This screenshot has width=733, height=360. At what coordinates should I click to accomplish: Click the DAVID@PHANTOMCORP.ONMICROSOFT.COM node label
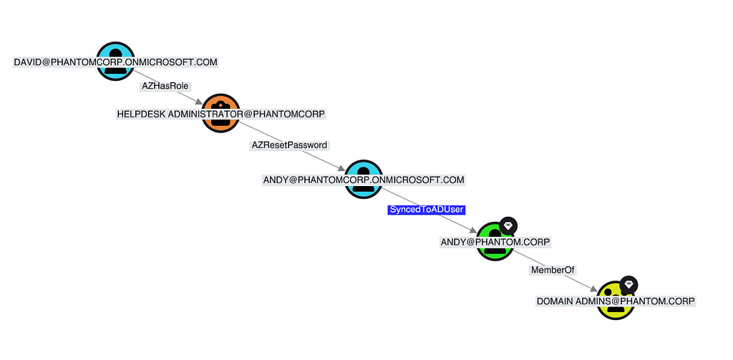click(115, 62)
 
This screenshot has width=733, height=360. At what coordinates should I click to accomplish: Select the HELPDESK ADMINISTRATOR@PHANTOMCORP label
click(221, 114)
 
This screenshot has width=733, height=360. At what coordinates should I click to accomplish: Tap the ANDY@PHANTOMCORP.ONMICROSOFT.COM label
click(364, 180)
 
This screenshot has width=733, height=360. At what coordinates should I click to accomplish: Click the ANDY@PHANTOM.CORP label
click(495, 242)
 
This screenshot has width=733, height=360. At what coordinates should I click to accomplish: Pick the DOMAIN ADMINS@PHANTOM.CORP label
click(616, 301)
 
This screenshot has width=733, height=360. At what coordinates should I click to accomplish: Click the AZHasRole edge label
click(165, 86)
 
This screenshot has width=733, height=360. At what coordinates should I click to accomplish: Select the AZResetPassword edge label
click(289, 145)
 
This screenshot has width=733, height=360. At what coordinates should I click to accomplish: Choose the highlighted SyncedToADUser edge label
click(426, 210)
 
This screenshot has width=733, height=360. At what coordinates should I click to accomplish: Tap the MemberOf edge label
click(553, 270)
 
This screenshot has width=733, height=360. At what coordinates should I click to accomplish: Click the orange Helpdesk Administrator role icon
click(220, 113)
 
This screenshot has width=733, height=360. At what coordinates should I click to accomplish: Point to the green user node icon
click(495, 241)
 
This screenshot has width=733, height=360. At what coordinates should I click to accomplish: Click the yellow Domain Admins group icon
click(616, 301)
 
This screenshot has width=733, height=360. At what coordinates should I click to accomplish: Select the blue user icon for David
click(115, 62)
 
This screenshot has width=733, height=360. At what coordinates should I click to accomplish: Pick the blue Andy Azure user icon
click(364, 179)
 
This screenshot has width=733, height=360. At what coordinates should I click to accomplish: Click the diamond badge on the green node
click(508, 226)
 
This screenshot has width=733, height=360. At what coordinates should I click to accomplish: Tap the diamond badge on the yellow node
click(628, 285)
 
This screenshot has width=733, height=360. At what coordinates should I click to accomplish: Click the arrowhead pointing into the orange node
click(199, 102)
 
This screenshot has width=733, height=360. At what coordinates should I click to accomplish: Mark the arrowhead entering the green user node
click(473, 230)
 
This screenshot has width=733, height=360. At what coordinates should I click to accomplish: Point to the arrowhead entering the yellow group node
click(593, 290)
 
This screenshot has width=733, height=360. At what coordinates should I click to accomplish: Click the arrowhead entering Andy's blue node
click(341, 168)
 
